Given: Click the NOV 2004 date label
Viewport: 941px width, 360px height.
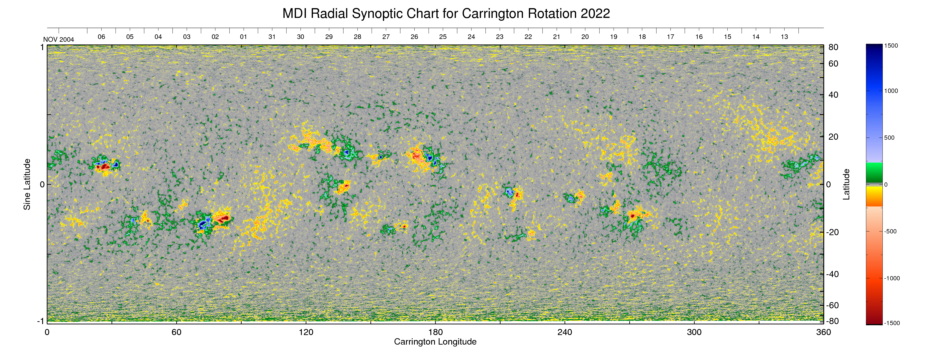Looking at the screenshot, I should click(x=58, y=39).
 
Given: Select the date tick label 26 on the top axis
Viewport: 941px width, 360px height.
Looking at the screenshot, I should click(x=414, y=37).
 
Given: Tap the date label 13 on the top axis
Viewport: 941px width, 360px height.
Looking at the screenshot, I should click(x=784, y=37).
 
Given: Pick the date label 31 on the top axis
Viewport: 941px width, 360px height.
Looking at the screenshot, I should click(x=272, y=37).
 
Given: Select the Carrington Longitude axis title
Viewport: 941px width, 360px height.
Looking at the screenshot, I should click(x=435, y=342).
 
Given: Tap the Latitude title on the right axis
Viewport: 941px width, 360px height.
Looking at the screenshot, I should click(x=846, y=184).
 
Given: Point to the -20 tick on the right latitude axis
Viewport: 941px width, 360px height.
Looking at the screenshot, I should click(x=833, y=232).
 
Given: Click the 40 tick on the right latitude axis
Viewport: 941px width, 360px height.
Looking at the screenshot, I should click(x=833, y=95).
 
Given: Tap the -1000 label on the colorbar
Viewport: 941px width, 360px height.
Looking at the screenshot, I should click(x=892, y=278).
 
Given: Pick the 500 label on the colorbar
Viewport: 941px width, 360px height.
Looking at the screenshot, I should click(x=889, y=138).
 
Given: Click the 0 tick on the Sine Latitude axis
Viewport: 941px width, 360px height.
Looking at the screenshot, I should click(x=42, y=184).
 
